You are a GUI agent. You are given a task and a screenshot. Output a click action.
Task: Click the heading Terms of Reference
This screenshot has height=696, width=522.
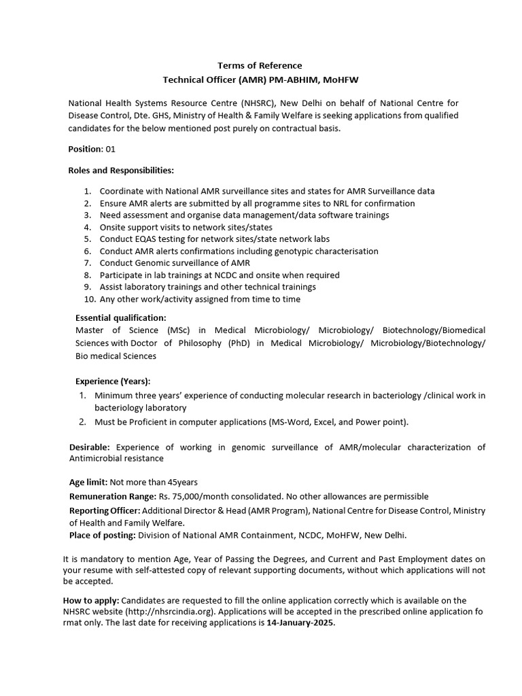(260, 65)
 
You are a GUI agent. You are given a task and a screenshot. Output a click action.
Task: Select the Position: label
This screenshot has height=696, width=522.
(86, 148)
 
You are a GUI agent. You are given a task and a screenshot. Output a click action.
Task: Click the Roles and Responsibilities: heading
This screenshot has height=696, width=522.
(121, 169)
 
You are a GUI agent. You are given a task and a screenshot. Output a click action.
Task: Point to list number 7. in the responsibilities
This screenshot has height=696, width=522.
(88, 263)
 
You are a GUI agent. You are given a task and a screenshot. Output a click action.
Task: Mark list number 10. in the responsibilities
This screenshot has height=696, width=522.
(90, 299)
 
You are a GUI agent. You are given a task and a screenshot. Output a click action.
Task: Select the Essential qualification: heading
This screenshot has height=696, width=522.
(120, 317)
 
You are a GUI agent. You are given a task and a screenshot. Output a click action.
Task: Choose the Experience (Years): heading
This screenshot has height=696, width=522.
(113, 381)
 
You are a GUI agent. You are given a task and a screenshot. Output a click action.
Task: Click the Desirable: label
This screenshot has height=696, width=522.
(90, 447)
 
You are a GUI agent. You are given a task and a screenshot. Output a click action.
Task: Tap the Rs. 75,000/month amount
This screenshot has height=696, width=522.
(191, 497)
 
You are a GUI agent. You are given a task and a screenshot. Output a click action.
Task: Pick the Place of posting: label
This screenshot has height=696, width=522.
(103, 536)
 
